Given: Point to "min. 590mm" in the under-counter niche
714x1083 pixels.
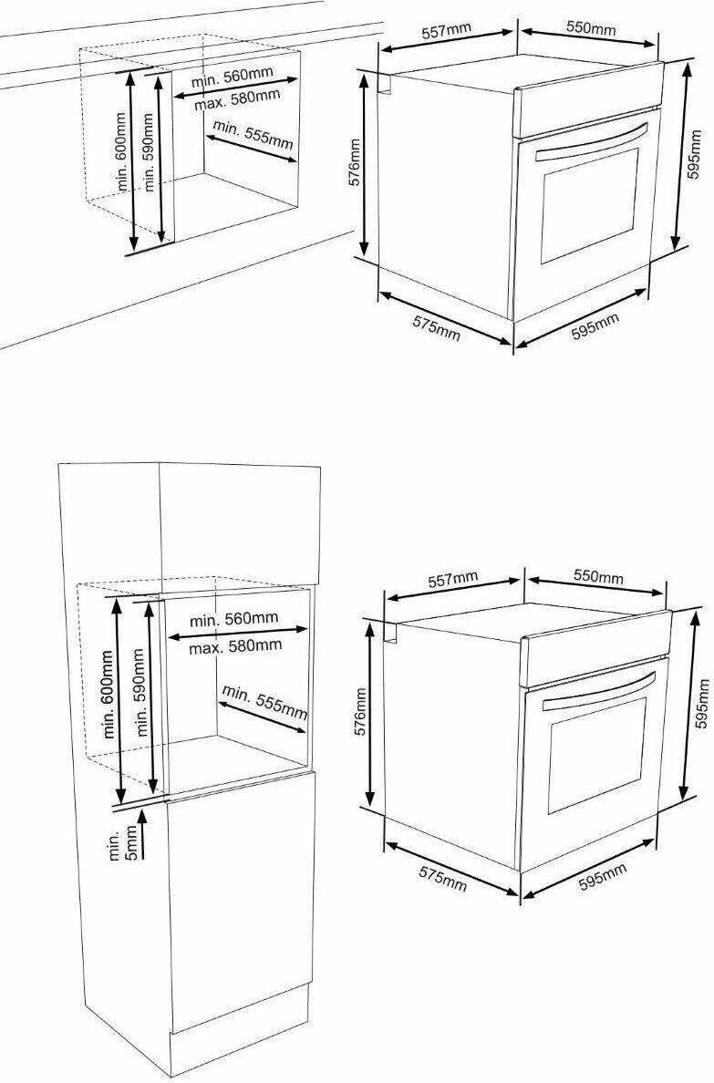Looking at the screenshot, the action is (147, 152).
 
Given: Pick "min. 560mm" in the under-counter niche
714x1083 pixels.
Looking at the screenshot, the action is (233, 77).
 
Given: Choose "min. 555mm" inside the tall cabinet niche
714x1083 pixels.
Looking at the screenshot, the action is (264, 700).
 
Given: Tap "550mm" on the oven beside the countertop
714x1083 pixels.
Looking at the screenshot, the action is (591, 28).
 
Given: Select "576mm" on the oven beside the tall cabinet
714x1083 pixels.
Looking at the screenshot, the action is (360, 711).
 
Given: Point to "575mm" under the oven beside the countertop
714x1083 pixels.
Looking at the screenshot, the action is (436, 326).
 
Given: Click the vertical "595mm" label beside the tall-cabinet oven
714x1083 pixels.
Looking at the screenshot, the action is (703, 705).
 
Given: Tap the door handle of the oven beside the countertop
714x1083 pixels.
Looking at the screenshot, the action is (592, 141).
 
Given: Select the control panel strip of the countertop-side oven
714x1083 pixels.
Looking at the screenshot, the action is (588, 100).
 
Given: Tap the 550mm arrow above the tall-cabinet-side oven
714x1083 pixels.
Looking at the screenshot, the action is (595, 585).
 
